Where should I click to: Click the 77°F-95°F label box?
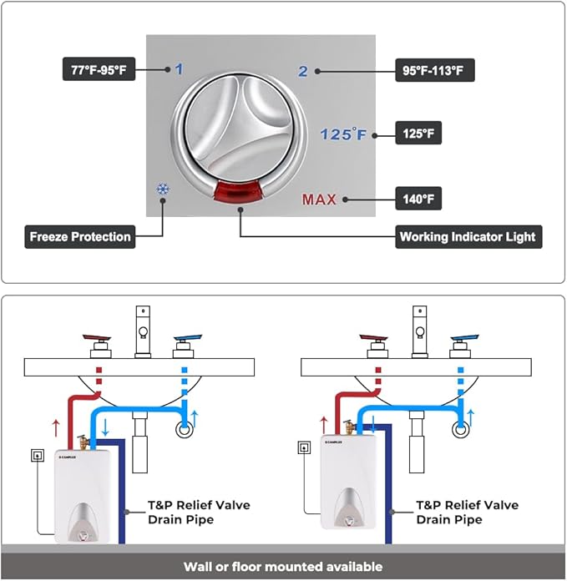pyautogui.click(x=99, y=68)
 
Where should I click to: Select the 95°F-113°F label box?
pyautogui.click(x=434, y=70)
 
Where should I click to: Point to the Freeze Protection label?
pyautogui.click(x=80, y=236)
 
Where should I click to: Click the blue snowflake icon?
pyautogui.click(x=162, y=189)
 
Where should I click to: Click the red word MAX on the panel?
pyautogui.click(x=319, y=200)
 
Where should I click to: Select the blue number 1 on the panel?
pyautogui.click(x=178, y=70)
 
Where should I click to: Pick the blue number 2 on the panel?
pyautogui.click(x=303, y=71)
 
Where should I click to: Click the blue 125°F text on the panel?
pyautogui.click(x=344, y=134)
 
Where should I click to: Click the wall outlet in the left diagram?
pyautogui.click(x=37, y=456)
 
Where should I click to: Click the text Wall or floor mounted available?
pyautogui.click(x=283, y=567)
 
